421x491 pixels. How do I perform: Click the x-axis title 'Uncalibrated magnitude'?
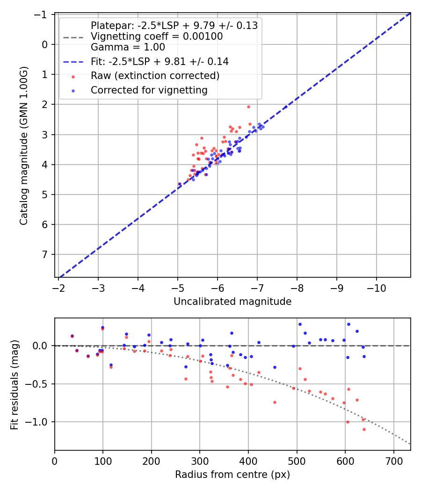pyautogui.click(x=232, y=302)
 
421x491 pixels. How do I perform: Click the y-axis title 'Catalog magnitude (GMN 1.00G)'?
pyautogui.click(x=23, y=145)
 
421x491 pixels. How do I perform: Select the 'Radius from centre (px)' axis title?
pyautogui.click(x=232, y=475)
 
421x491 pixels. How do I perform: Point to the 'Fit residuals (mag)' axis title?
pyautogui.click(x=14, y=384)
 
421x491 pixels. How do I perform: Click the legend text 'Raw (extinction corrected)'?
pyautogui.click(x=155, y=76)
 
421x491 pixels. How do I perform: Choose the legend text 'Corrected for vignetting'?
pyautogui.click(x=149, y=90)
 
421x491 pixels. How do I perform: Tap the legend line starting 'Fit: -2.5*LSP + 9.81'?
pyautogui.click(x=159, y=61)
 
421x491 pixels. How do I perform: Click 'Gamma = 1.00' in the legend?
pyautogui.click(x=128, y=47)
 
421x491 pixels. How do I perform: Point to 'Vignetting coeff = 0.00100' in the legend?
pyautogui.click(x=157, y=36)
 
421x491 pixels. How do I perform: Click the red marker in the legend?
pyautogui.click(x=73, y=76)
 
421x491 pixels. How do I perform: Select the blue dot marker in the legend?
pyautogui.click(x=73, y=91)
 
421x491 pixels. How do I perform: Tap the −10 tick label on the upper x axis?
pyautogui.click(x=377, y=288)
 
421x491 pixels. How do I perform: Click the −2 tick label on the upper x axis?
pyautogui.click(x=58, y=288)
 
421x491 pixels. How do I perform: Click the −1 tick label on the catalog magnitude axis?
pyautogui.click(x=43, y=14)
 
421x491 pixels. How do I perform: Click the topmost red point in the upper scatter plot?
pyautogui.click(x=248, y=107)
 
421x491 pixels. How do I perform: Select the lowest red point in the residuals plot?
pyautogui.click(x=364, y=429)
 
